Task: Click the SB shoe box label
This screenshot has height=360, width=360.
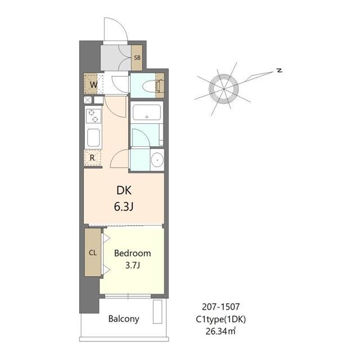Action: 137,57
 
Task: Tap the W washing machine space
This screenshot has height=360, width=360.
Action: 91,84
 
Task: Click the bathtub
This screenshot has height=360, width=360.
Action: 147,112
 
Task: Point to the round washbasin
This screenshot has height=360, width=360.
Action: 157,159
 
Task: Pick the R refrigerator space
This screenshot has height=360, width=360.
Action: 93,157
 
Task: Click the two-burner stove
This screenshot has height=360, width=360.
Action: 93,116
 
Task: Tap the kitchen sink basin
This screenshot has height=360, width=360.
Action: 93,137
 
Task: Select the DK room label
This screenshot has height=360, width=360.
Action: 124,190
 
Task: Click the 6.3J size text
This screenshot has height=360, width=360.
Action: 124,207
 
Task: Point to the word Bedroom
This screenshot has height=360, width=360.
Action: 133,253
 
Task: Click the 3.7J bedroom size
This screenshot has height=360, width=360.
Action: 133,265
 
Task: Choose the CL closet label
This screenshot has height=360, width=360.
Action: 93,253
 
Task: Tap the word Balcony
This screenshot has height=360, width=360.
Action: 124,319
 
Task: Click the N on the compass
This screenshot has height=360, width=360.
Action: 280,70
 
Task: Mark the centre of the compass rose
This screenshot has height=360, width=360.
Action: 224,89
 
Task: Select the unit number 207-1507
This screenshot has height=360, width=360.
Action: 221,307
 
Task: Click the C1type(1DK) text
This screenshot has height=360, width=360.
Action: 221,319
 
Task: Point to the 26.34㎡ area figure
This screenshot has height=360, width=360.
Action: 220,331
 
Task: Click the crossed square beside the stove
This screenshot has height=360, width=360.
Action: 88,100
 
